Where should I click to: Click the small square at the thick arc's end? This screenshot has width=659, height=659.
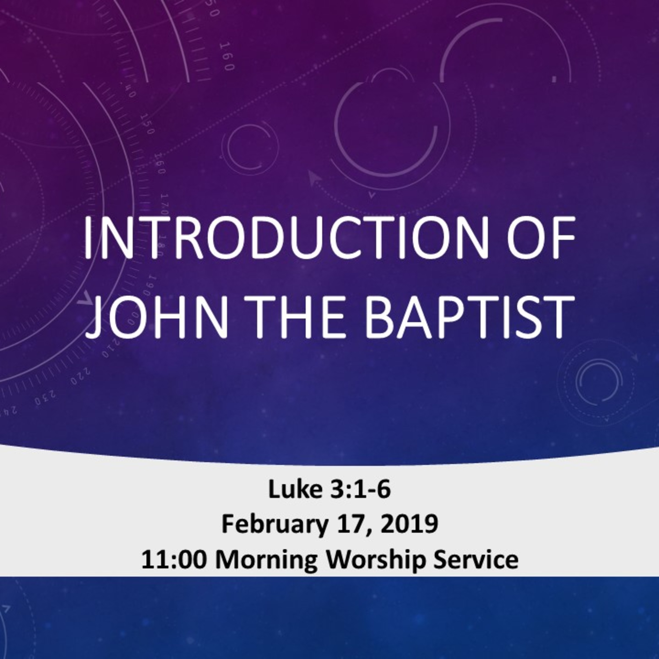tap(554, 79)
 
